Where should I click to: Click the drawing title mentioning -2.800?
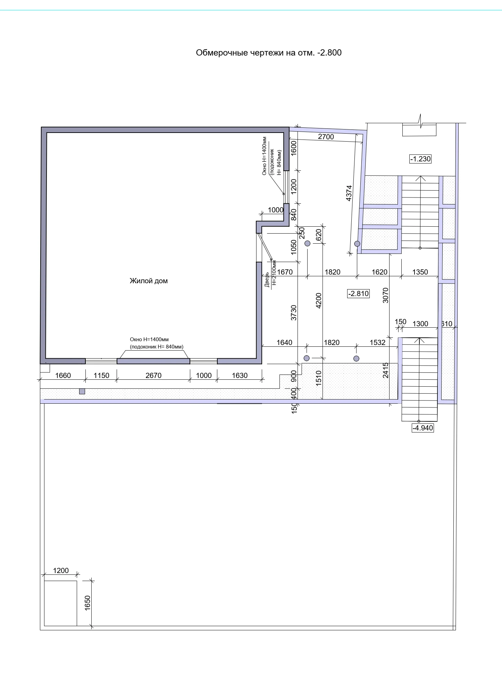[269, 53]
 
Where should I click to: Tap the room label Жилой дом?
[149, 281]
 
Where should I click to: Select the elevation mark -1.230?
[420, 159]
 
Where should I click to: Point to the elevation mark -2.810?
[359, 294]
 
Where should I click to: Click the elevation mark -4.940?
[422, 428]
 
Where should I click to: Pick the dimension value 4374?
[349, 193]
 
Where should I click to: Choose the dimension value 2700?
[326, 137]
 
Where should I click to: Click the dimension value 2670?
[153, 375]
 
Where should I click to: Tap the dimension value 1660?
[63, 375]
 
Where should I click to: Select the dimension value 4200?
[319, 301]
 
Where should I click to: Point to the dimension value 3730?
[294, 313]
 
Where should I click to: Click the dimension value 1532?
[378, 343]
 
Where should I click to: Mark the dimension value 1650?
[87, 603]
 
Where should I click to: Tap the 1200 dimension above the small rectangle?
[61, 571]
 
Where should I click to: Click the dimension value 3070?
[385, 295]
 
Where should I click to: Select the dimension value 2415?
[385, 370]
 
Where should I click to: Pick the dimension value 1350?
[420, 272]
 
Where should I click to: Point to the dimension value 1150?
[101, 375]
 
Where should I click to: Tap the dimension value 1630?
[240, 375]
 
